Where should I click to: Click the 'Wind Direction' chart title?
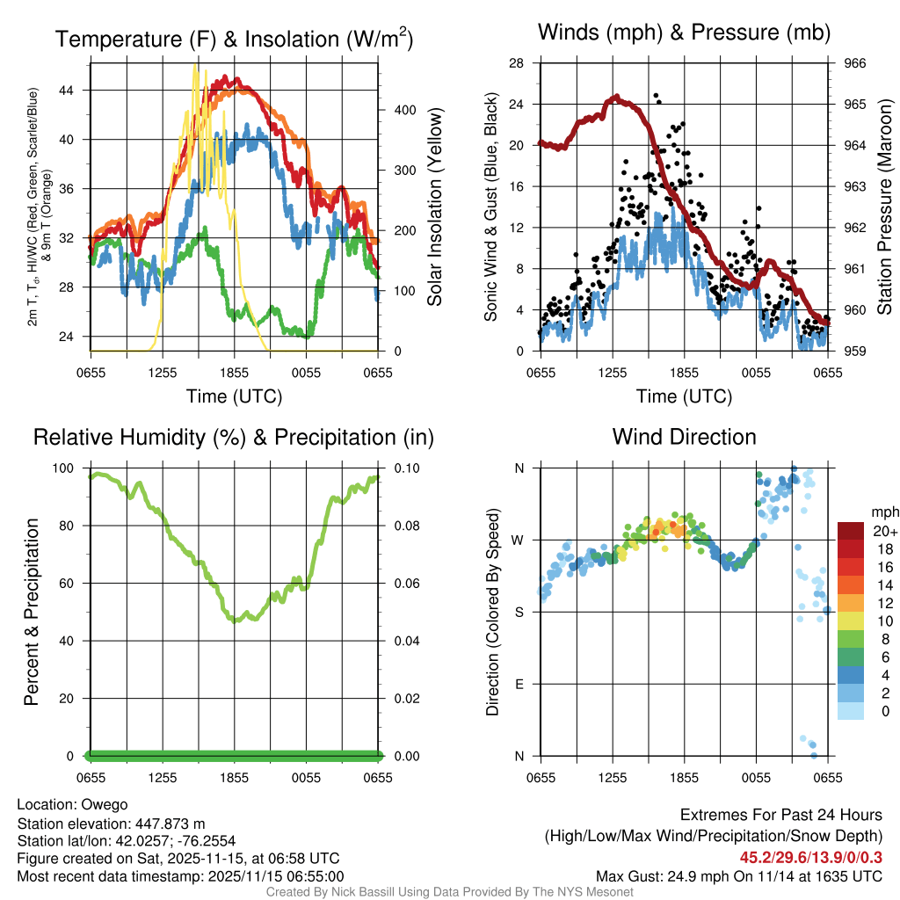(684, 437)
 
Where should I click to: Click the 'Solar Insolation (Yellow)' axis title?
(434, 207)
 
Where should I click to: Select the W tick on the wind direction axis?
(519, 540)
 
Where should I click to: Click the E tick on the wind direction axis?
(519, 684)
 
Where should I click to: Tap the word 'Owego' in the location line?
(105, 804)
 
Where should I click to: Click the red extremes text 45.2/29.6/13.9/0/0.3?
(811, 857)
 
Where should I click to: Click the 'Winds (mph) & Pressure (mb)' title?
(684, 33)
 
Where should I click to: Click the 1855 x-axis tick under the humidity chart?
(234, 778)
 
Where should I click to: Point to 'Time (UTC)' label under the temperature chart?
(234, 396)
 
